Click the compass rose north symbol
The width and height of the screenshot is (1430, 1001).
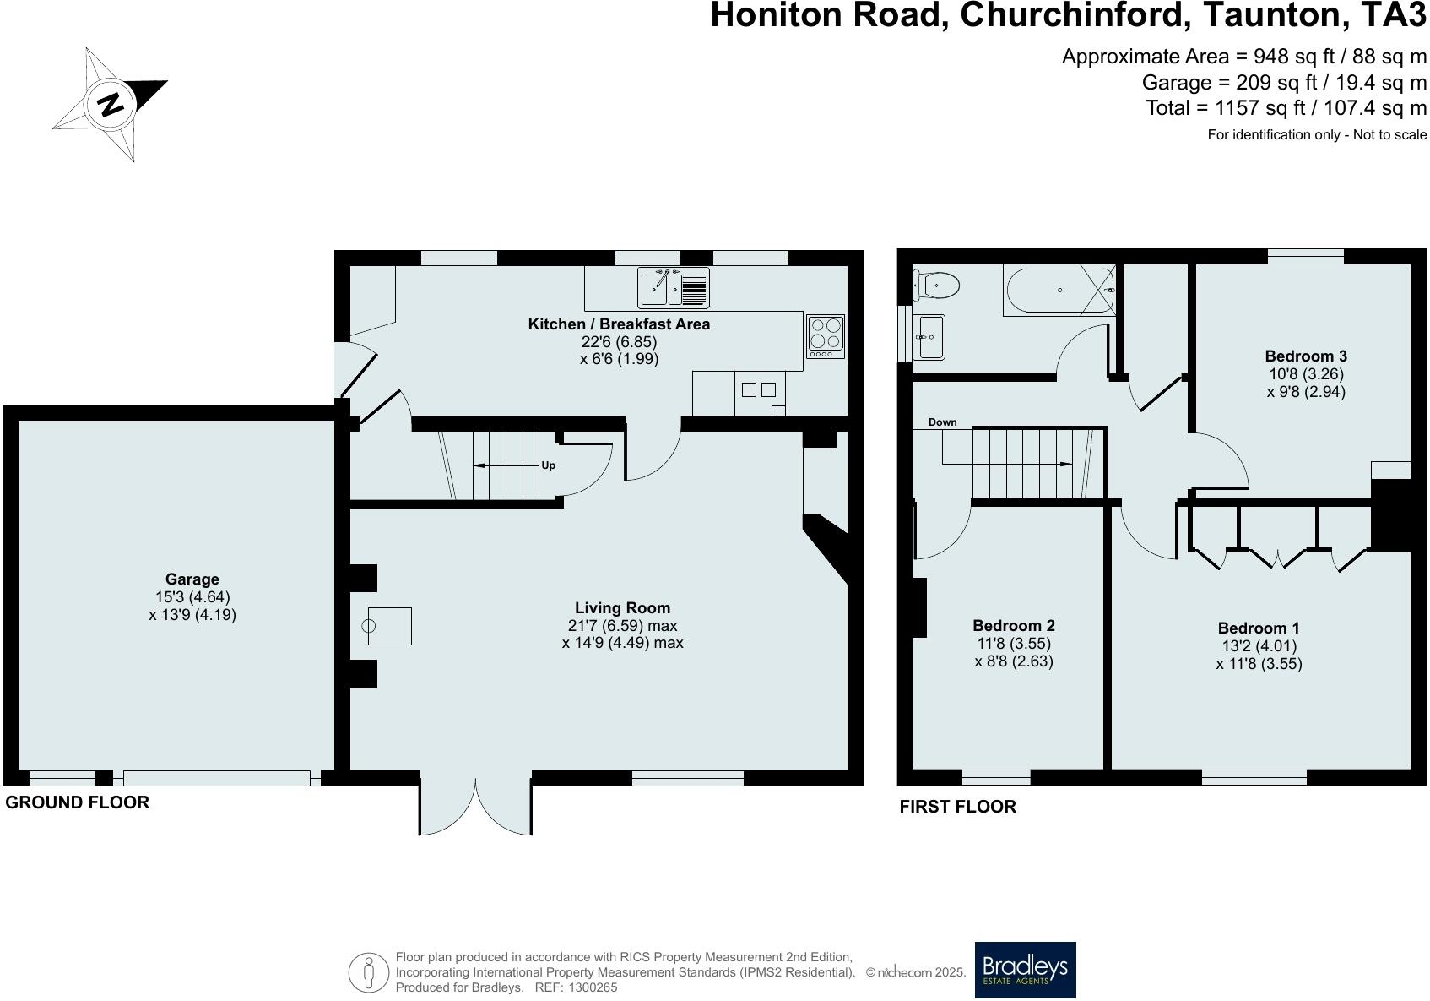(111, 105)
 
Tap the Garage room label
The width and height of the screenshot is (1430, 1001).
(192, 579)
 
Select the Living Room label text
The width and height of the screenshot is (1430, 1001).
(622, 608)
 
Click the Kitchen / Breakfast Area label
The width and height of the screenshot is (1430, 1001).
(619, 324)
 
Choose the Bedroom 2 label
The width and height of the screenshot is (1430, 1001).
(1013, 626)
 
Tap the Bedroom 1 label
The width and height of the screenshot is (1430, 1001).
(1258, 628)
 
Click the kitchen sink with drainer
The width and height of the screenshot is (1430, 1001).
(673, 287)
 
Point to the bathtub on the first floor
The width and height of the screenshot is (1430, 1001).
(1059, 290)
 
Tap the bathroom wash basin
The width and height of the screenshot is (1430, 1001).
(929, 336)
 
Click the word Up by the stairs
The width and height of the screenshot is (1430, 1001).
(549, 465)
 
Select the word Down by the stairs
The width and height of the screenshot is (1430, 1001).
(942, 422)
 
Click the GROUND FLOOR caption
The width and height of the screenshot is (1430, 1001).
(78, 802)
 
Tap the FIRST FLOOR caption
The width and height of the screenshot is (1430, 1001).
(957, 807)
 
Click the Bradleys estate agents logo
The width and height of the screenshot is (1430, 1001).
(1025, 970)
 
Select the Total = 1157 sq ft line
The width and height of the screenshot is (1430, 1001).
(1286, 108)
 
